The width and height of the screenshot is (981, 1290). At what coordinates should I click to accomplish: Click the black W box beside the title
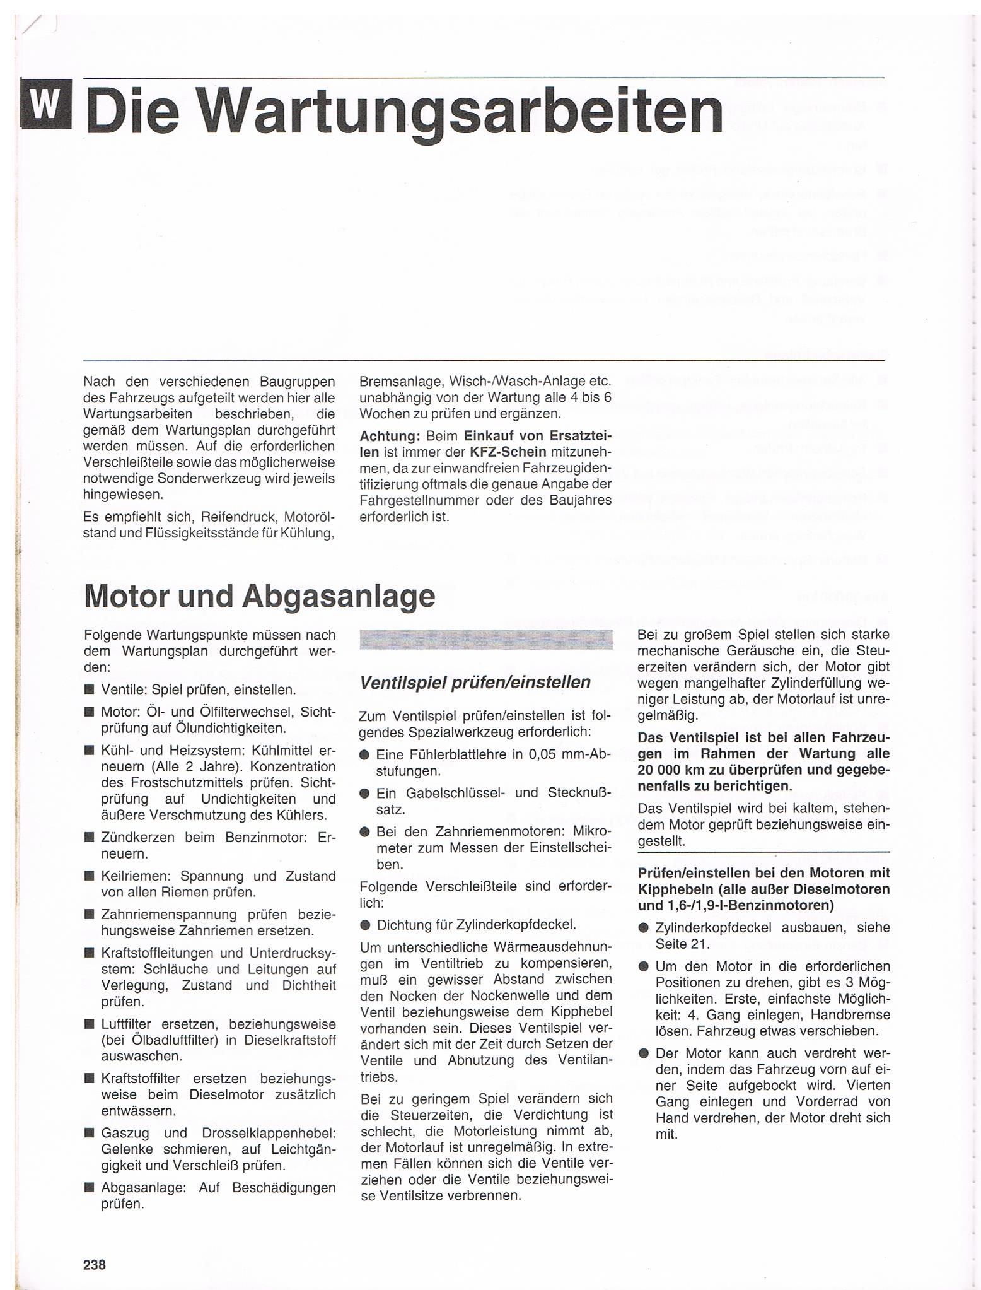tap(46, 103)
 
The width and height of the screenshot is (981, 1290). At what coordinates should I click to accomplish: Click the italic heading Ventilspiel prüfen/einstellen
tap(474, 682)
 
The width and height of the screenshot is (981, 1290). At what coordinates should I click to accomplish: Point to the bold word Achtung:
tap(390, 436)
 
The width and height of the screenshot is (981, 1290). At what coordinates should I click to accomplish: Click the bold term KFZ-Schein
tap(508, 452)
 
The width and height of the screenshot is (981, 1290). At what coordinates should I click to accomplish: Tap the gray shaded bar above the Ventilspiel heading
tap(485, 639)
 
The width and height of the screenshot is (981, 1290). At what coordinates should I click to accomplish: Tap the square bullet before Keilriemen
tap(90, 877)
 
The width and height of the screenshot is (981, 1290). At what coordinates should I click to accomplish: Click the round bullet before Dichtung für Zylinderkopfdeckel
tap(364, 925)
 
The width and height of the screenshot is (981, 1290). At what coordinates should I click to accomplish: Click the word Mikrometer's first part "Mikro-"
tap(590, 831)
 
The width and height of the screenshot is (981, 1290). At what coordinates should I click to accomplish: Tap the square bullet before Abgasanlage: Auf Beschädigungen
tap(90, 1188)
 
